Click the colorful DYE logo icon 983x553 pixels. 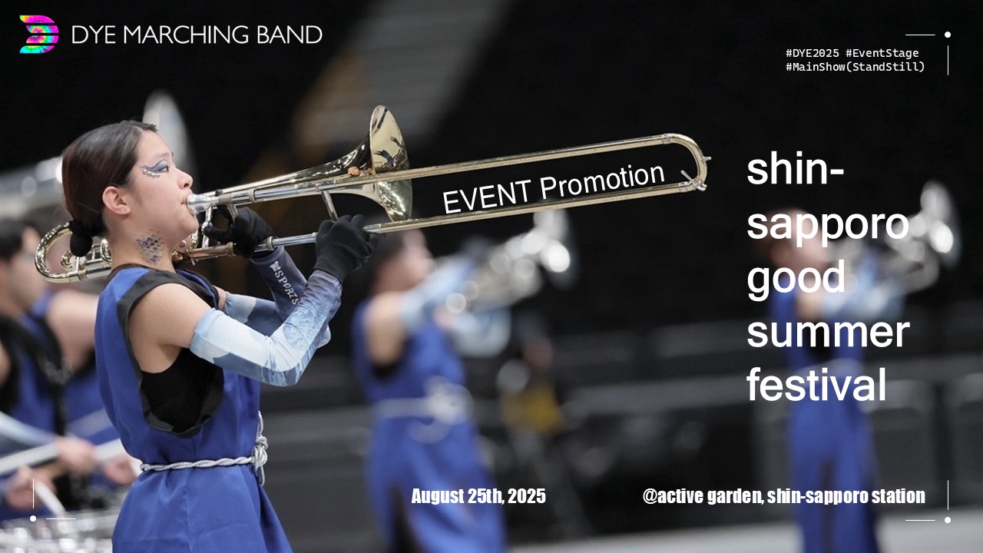click(x=39, y=35)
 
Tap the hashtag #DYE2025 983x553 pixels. click(x=812, y=53)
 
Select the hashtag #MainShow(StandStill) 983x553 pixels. click(x=855, y=67)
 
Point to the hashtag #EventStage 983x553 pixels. click(x=882, y=54)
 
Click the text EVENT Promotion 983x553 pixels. click(x=554, y=188)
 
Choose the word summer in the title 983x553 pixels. click(x=828, y=333)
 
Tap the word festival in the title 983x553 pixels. click(x=816, y=383)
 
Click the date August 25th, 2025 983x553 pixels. click(x=478, y=496)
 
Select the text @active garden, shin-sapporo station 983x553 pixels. click(x=783, y=496)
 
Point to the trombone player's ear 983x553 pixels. click(x=115, y=200)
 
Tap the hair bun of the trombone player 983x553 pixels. click(x=81, y=239)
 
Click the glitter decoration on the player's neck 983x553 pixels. click(x=150, y=248)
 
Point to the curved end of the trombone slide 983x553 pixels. click(x=701, y=161)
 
